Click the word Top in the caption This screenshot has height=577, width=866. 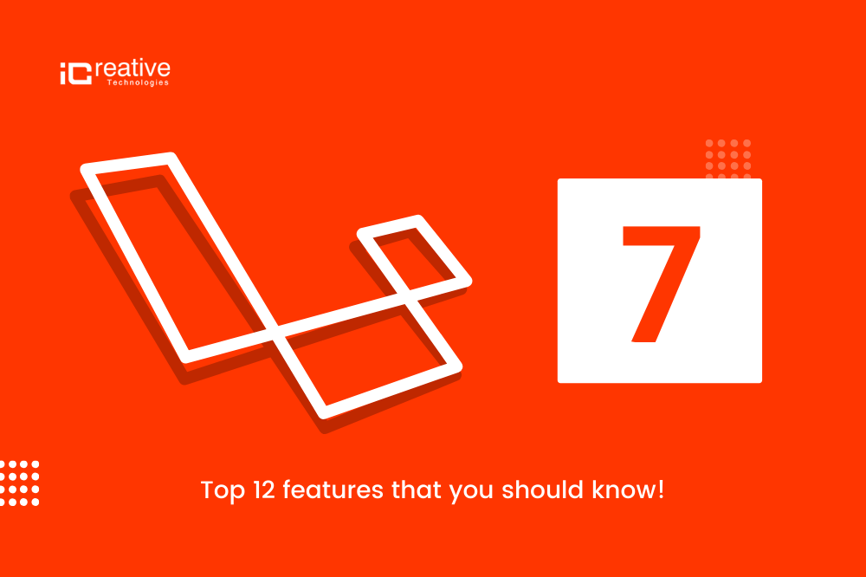[x=222, y=490]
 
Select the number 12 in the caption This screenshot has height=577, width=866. [x=264, y=489]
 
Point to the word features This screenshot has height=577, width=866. [x=333, y=489]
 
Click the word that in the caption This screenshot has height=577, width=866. [x=417, y=489]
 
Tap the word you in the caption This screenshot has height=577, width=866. [x=471, y=492]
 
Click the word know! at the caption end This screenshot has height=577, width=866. [x=628, y=489]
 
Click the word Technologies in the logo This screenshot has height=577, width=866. [x=138, y=82]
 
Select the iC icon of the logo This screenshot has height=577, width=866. [x=75, y=74]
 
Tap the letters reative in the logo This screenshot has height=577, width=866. [x=132, y=68]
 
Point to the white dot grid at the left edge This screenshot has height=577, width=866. [x=20, y=483]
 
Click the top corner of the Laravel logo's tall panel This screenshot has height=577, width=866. [x=171, y=155]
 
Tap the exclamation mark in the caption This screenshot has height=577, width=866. [x=661, y=489]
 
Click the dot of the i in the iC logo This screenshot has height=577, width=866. [x=63, y=66]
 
